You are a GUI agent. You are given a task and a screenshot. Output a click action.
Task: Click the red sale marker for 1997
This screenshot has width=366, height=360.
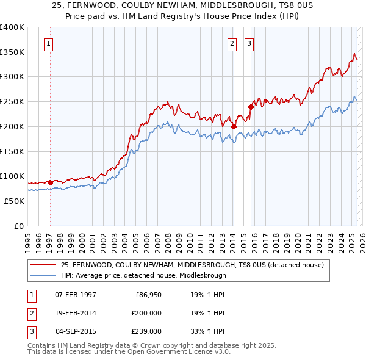(50, 182)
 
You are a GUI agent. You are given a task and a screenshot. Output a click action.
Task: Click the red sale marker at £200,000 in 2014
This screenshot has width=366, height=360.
(234, 126)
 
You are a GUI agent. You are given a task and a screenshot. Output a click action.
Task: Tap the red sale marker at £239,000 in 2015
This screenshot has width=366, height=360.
(251, 107)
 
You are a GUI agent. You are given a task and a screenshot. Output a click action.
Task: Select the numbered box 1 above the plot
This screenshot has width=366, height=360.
(48, 43)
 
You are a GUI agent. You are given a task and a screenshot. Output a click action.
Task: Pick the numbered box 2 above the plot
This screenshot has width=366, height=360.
(232, 43)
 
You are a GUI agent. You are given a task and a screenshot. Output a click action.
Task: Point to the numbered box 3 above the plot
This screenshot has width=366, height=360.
(249, 43)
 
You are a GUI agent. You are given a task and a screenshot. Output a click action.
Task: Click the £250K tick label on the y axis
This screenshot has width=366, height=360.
(12, 102)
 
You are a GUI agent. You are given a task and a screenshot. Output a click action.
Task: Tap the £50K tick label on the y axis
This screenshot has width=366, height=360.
(14, 201)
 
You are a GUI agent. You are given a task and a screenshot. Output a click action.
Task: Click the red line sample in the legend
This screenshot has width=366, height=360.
(43, 265)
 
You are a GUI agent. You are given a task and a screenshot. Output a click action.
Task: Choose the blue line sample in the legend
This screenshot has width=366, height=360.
(43, 275)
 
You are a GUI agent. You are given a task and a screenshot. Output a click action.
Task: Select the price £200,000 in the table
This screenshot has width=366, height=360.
(146, 313)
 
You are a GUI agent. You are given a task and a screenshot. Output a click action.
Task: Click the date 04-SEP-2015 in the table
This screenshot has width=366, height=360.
(76, 331)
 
